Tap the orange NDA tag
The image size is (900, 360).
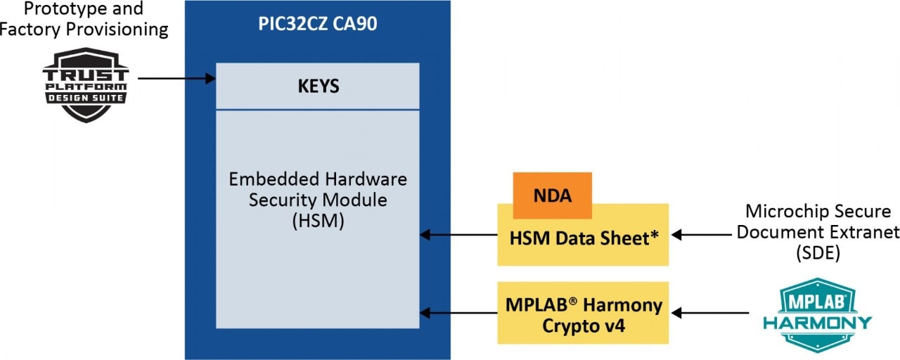point(552,195)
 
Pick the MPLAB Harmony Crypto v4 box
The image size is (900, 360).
point(583,314)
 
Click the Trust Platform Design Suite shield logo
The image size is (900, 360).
point(86,84)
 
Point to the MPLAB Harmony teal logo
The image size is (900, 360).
point(817,314)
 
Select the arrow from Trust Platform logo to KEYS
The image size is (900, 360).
point(176,79)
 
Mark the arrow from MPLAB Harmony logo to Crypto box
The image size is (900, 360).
point(706,313)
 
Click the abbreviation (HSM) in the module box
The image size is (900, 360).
point(317,221)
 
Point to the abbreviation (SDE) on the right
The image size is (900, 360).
point(821,254)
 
